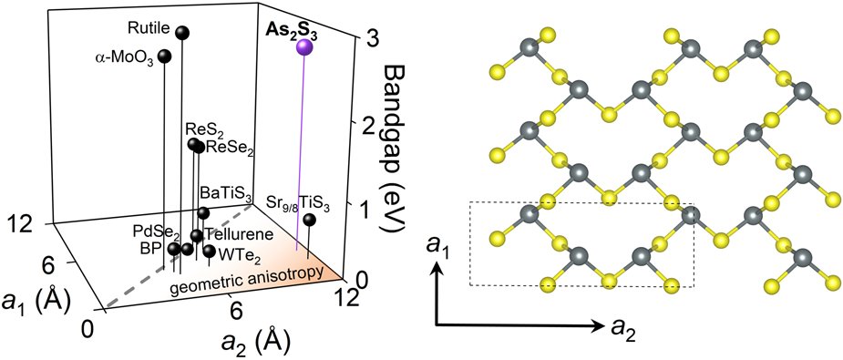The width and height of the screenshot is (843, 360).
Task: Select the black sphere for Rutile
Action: coord(182,34)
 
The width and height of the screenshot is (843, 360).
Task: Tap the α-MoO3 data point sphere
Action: coord(165,57)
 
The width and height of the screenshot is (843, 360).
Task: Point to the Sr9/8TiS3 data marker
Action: coord(310,220)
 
